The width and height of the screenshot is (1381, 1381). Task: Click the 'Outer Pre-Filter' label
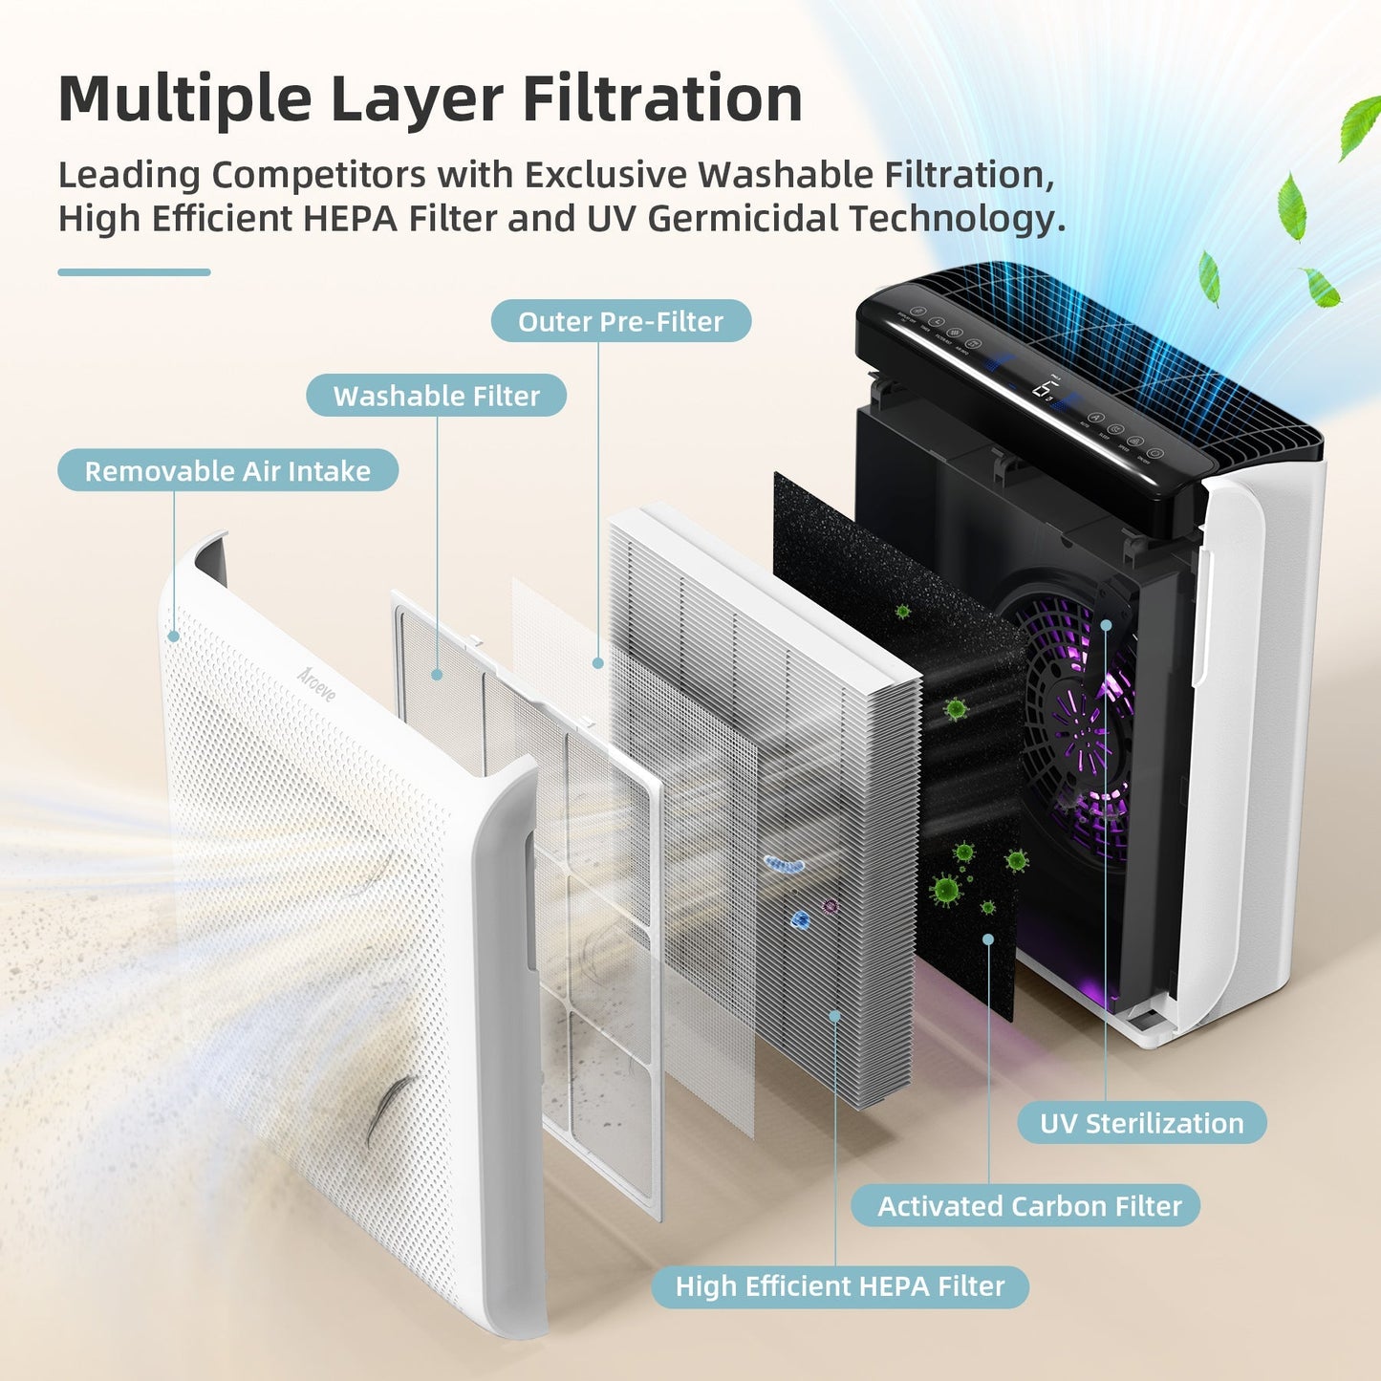tap(620, 321)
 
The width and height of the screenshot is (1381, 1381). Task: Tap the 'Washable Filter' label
tap(436, 396)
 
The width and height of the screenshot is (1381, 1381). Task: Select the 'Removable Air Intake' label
tap(227, 471)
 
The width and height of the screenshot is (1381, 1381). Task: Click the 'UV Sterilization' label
tap(1141, 1123)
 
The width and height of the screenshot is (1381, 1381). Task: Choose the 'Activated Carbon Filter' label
tap(1029, 1206)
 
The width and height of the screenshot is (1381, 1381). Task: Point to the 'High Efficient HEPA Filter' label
tap(839, 1286)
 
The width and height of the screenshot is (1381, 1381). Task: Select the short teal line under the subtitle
tap(134, 272)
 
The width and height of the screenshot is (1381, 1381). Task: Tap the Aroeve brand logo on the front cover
tap(316, 683)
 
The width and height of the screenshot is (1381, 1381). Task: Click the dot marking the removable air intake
tap(174, 636)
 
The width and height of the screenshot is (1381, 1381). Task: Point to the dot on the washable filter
tap(437, 674)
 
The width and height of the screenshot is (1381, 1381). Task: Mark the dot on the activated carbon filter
tap(988, 939)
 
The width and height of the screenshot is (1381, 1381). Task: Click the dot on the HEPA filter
tap(834, 1016)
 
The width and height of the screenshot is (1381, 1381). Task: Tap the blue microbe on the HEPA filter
tap(800, 919)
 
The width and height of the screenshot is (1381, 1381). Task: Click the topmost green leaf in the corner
tap(1358, 126)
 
